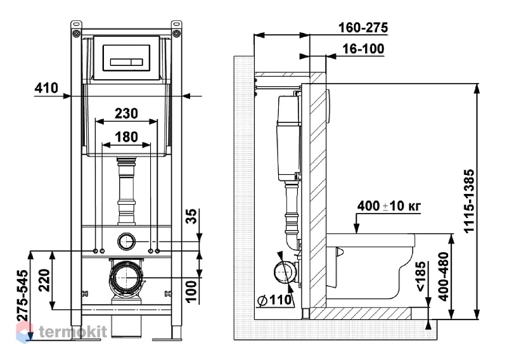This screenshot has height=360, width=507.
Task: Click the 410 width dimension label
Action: [x=46, y=88]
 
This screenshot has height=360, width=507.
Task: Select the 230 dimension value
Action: [x=126, y=113]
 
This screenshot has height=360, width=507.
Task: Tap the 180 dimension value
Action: [x=126, y=137]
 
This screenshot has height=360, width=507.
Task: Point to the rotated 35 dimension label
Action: [x=191, y=217]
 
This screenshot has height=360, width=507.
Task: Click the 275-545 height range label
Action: [x=23, y=295]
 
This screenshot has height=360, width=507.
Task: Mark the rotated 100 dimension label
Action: [x=191, y=292]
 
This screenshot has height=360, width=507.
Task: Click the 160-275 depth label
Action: [x=363, y=28]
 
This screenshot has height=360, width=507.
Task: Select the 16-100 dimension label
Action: [x=363, y=49]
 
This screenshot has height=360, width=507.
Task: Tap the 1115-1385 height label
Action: [x=469, y=200]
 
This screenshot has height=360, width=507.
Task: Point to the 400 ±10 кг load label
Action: [x=389, y=206]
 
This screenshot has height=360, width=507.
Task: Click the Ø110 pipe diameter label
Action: [x=274, y=300]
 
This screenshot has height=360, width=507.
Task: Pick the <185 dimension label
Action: [x=421, y=277]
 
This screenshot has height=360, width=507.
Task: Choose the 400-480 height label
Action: [x=445, y=277]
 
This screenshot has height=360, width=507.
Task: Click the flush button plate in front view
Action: [x=126, y=58]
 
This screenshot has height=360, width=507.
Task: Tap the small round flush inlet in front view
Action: [x=126, y=241]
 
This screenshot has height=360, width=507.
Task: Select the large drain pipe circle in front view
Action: [x=126, y=277]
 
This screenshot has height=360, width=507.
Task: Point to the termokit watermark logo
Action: [x=61, y=332]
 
